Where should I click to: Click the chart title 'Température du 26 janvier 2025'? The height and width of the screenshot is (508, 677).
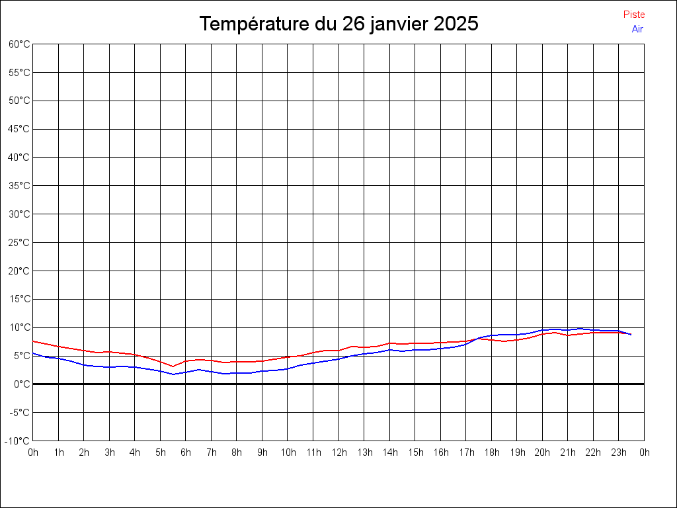click(x=338, y=23)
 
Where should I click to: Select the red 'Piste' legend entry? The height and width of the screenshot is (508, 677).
click(x=634, y=15)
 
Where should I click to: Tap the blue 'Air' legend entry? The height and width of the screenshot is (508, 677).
click(x=637, y=29)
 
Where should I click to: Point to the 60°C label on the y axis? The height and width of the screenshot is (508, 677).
click(x=19, y=44)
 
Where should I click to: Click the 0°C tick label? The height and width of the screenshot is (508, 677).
click(x=22, y=384)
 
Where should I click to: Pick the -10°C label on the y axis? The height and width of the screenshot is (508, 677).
click(x=17, y=441)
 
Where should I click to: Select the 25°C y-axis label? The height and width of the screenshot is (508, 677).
click(x=19, y=243)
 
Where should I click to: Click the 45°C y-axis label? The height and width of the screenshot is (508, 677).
click(x=19, y=129)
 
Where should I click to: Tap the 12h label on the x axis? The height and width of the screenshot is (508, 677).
click(x=339, y=452)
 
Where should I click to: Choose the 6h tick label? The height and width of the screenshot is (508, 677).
click(x=186, y=452)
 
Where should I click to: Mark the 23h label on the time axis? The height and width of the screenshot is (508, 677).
click(x=619, y=452)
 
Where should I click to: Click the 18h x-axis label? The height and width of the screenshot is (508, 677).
click(x=492, y=452)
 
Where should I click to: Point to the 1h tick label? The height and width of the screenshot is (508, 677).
click(x=59, y=452)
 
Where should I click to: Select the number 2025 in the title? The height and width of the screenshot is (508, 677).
click(x=456, y=23)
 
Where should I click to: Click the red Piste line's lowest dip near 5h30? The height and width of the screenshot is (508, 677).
click(x=173, y=366)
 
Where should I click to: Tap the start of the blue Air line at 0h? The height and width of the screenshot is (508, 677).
click(x=33, y=353)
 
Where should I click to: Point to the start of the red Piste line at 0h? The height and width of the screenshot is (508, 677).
click(x=33, y=341)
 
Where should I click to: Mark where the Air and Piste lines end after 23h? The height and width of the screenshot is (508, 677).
click(x=631, y=334)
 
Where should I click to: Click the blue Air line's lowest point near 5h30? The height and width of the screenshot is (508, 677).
click(x=173, y=374)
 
